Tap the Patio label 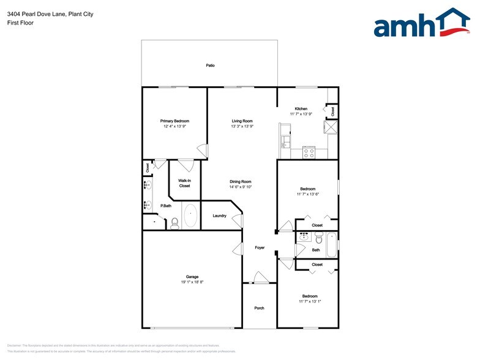(x=210, y=65)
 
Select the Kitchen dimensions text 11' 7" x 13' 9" (x=301, y=114)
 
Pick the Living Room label (x=242, y=121)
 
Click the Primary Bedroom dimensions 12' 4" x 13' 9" (x=174, y=126)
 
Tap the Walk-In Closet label (x=184, y=183)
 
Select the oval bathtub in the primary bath (x=190, y=216)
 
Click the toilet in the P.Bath (x=174, y=222)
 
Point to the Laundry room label (x=220, y=216)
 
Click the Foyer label (x=260, y=247)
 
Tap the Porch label (x=260, y=308)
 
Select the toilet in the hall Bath (x=318, y=238)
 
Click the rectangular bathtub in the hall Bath (x=331, y=245)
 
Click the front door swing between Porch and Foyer (x=260, y=277)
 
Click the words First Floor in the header (x=20, y=23)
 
